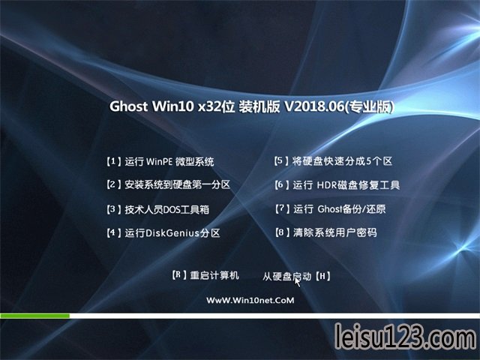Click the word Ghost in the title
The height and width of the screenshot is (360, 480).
(128, 106)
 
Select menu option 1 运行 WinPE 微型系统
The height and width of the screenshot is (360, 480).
(160, 161)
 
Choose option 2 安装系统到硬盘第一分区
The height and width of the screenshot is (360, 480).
(168, 184)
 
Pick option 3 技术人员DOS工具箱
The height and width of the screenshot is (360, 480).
(158, 209)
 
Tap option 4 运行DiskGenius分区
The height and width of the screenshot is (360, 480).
(163, 233)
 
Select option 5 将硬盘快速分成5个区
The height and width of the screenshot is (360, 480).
(333, 161)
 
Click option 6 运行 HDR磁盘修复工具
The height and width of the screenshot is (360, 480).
(337, 185)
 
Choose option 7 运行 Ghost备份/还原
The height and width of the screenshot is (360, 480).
(330, 209)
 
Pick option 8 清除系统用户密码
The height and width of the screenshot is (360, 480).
(326, 232)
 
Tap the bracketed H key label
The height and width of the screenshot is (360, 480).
(323, 277)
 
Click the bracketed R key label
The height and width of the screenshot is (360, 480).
(179, 275)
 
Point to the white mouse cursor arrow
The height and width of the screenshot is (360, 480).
(297, 282)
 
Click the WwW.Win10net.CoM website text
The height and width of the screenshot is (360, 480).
(250, 300)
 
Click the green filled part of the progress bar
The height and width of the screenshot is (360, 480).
(35, 316)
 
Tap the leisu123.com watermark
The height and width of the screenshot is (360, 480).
(406, 337)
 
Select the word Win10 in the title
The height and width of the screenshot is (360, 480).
(173, 106)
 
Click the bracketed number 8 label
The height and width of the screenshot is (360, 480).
(282, 232)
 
